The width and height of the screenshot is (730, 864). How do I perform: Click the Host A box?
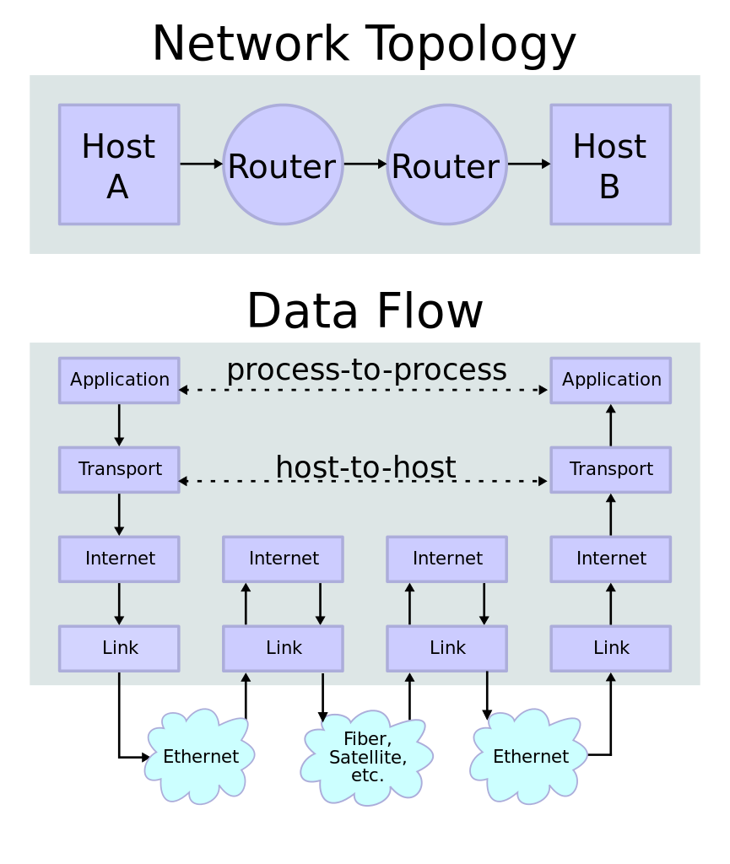click(119, 165)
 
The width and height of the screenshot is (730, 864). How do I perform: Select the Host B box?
click(610, 165)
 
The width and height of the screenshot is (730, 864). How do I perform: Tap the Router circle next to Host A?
click(283, 165)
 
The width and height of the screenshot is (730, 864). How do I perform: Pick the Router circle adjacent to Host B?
click(446, 165)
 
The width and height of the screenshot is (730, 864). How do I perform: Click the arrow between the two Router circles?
click(365, 164)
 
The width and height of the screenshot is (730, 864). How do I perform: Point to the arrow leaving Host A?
click(201, 164)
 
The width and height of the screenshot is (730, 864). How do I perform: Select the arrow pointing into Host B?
click(528, 164)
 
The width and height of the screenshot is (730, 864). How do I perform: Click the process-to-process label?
click(366, 370)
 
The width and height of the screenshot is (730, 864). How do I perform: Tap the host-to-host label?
click(365, 467)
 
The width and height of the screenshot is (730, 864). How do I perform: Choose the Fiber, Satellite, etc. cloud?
click(367, 758)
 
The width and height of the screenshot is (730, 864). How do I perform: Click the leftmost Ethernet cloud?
click(200, 757)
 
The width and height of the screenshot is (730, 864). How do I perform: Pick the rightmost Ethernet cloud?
click(530, 757)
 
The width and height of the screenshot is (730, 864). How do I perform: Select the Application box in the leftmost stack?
click(119, 380)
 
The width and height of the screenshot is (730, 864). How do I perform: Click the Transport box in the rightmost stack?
click(610, 469)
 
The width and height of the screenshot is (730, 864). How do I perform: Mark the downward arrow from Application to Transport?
click(119, 424)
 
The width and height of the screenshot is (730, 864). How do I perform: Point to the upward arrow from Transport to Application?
click(610, 424)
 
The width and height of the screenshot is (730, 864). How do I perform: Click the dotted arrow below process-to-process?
click(363, 391)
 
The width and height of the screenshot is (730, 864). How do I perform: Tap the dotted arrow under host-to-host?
click(363, 482)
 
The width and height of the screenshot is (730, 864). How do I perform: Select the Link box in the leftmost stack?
click(119, 648)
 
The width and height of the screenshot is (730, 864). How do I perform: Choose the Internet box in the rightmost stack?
click(610, 559)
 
